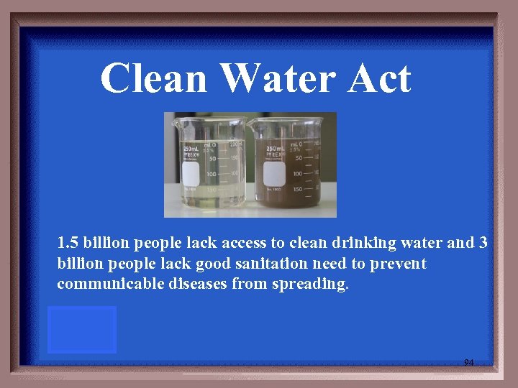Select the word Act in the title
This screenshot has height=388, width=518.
coord(378,79)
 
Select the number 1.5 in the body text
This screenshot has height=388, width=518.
coord(68,243)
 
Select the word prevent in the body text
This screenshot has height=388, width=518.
coord(399,264)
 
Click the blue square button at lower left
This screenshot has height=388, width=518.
coord(82,330)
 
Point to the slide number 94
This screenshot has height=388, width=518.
coord(468,363)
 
